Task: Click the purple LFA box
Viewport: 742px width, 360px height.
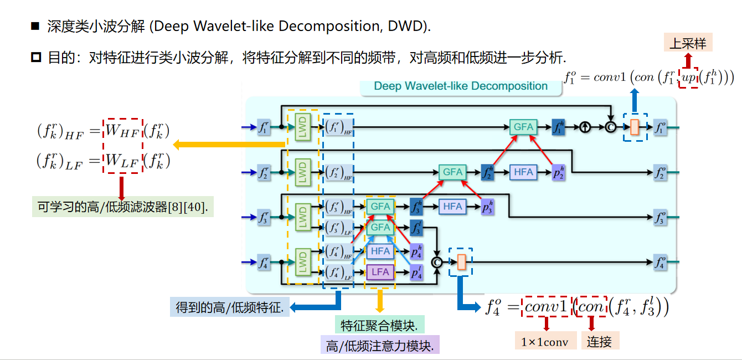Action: (380, 272)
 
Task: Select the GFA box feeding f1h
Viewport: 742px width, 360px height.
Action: (523, 127)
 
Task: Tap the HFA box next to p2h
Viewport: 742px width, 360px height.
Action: (523, 172)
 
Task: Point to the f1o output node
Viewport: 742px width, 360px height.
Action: (661, 127)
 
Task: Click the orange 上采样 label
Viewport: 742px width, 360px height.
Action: (688, 43)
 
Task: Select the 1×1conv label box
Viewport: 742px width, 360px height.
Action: (545, 342)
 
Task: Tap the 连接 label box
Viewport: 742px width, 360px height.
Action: (599, 342)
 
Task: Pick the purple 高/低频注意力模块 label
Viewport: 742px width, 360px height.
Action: (379, 346)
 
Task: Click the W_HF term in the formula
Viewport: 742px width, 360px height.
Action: (123, 131)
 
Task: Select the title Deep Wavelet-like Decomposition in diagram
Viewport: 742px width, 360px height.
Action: (461, 86)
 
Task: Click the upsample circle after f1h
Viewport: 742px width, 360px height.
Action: (585, 127)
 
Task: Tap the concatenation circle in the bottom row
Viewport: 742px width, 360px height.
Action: (437, 262)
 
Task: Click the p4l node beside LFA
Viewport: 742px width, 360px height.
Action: (416, 272)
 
